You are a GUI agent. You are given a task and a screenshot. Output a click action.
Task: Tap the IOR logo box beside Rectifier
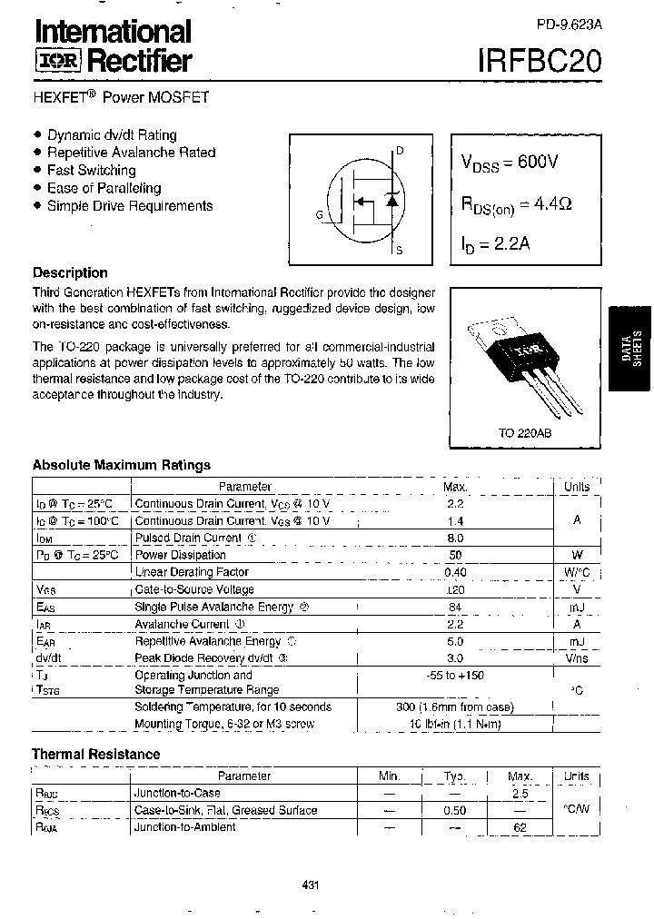58,62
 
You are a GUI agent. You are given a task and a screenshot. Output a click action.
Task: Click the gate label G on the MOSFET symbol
320,214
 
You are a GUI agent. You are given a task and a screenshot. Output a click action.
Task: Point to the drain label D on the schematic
400,151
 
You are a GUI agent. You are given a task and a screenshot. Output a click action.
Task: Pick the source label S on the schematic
400,250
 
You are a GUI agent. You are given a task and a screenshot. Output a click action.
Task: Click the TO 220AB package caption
524,434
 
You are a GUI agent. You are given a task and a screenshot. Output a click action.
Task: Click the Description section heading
70,272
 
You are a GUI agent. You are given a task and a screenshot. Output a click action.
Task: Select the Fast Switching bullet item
91,170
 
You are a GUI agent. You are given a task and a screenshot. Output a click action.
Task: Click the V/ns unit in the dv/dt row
577,658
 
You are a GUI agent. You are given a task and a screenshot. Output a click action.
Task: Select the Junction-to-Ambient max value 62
520,827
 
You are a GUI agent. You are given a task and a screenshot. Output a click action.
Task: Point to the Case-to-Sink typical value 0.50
454,811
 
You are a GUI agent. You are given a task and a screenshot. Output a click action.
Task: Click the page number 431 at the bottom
309,885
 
